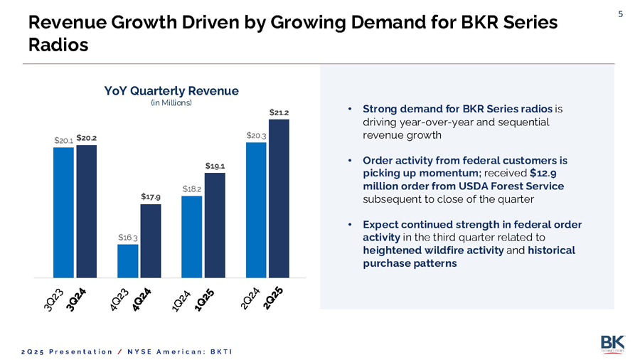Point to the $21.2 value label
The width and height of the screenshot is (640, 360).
pos(278,112)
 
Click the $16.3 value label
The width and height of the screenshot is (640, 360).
pos(127,237)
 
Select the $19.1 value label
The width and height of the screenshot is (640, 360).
pos(214,166)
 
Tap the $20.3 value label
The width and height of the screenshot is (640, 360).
pos(256,135)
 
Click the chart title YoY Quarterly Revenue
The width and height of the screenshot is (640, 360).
pos(171,91)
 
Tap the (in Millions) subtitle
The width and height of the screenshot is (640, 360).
pos(171,103)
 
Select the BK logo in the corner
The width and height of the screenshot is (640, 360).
pos(612,342)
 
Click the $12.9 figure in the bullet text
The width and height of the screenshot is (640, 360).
pos(543,173)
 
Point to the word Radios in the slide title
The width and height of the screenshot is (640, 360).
pos(58,45)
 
